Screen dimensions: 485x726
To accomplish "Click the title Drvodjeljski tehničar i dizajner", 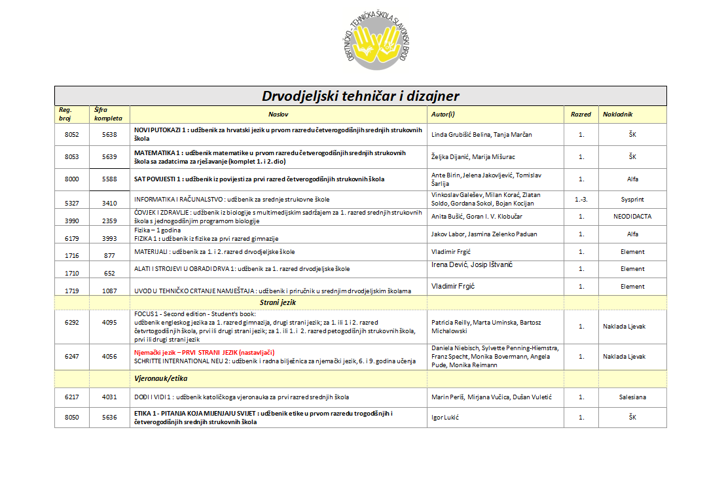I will pyautogui.click(x=361, y=96).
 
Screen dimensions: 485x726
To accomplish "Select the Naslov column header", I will pyautogui.click(x=279, y=115).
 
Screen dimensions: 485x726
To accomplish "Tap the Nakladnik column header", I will pyautogui.click(x=617, y=115).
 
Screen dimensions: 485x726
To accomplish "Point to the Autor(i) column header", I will pyautogui.click(x=443, y=115).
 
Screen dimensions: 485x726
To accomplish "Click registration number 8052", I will pyautogui.click(x=72, y=134).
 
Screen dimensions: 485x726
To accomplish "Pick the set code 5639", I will pyautogui.click(x=109, y=157).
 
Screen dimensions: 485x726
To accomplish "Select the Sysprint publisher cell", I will pyautogui.click(x=632, y=199).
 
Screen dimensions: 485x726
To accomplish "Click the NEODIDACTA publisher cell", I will pyautogui.click(x=632, y=217).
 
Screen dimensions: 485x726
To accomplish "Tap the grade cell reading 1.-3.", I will pyautogui.click(x=581, y=199).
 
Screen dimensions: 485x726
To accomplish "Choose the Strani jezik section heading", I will pyautogui.click(x=279, y=302).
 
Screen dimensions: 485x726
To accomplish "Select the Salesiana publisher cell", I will pyautogui.click(x=632, y=397).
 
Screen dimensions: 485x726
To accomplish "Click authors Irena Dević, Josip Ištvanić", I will pyautogui.click(x=471, y=264).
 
